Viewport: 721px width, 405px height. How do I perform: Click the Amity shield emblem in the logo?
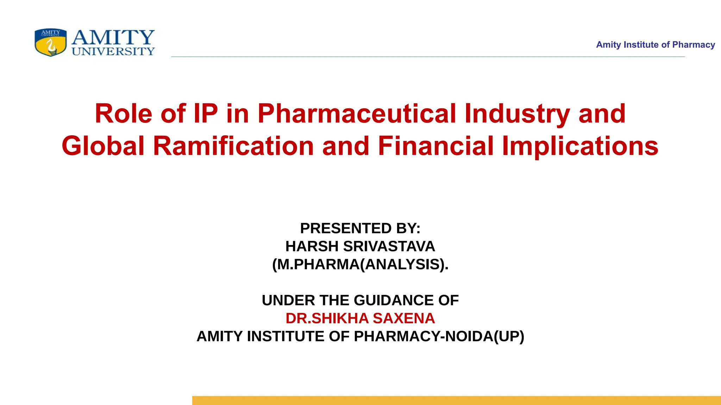(50, 43)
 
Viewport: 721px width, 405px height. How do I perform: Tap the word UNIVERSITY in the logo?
(113, 52)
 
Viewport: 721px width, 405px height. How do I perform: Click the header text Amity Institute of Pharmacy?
(655, 45)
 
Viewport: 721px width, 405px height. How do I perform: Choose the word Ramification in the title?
(233, 146)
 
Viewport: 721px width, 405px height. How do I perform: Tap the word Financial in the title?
(435, 146)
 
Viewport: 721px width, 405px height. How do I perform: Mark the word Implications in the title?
(580, 146)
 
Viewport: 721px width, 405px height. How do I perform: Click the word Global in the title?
(103, 146)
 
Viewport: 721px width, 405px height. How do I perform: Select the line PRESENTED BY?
(360, 228)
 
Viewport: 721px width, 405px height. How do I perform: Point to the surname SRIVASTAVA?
(389, 246)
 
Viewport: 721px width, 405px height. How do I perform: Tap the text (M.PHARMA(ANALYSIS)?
(360, 264)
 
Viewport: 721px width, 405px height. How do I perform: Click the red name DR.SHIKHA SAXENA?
(360, 318)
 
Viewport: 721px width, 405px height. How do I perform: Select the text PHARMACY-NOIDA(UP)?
(439, 336)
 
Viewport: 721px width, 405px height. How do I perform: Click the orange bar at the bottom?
(456, 400)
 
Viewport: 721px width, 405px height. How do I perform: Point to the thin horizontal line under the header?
(428, 57)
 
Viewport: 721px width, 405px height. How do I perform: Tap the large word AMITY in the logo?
(113, 37)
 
